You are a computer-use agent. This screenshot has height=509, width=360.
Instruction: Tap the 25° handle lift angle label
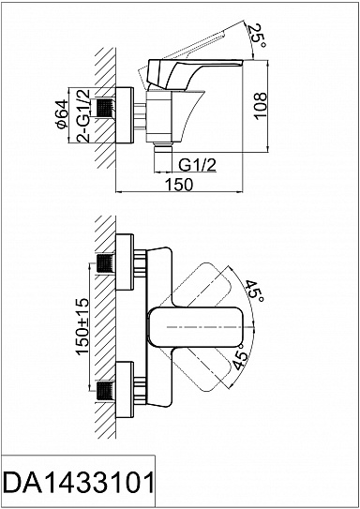point(257,36)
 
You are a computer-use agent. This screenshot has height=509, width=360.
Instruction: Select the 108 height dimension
point(261,106)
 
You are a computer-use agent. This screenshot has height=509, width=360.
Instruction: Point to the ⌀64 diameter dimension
point(62,114)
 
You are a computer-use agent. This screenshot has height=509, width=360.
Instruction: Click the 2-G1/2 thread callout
point(83,115)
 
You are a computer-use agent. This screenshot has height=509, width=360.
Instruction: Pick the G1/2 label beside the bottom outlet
point(198,166)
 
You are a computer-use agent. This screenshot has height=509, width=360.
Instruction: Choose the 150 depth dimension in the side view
point(179,185)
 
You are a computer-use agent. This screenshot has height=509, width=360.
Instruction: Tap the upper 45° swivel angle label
point(254,291)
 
